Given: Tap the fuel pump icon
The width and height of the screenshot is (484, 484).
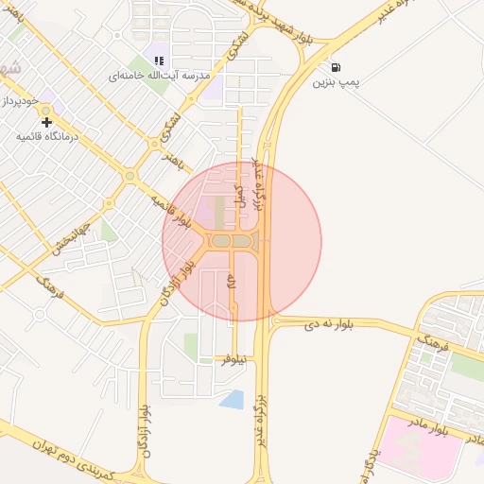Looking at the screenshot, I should pyautogui.click(x=337, y=67).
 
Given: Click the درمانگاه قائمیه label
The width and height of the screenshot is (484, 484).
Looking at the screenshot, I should pyautogui.click(x=46, y=136).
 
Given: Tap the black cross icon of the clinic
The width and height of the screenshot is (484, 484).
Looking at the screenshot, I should pyautogui.click(x=46, y=121).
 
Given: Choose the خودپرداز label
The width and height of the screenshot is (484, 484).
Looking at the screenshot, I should pyautogui.click(x=19, y=100).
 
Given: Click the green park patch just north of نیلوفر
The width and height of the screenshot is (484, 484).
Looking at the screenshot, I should pyautogui.click(x=192, y=345).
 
